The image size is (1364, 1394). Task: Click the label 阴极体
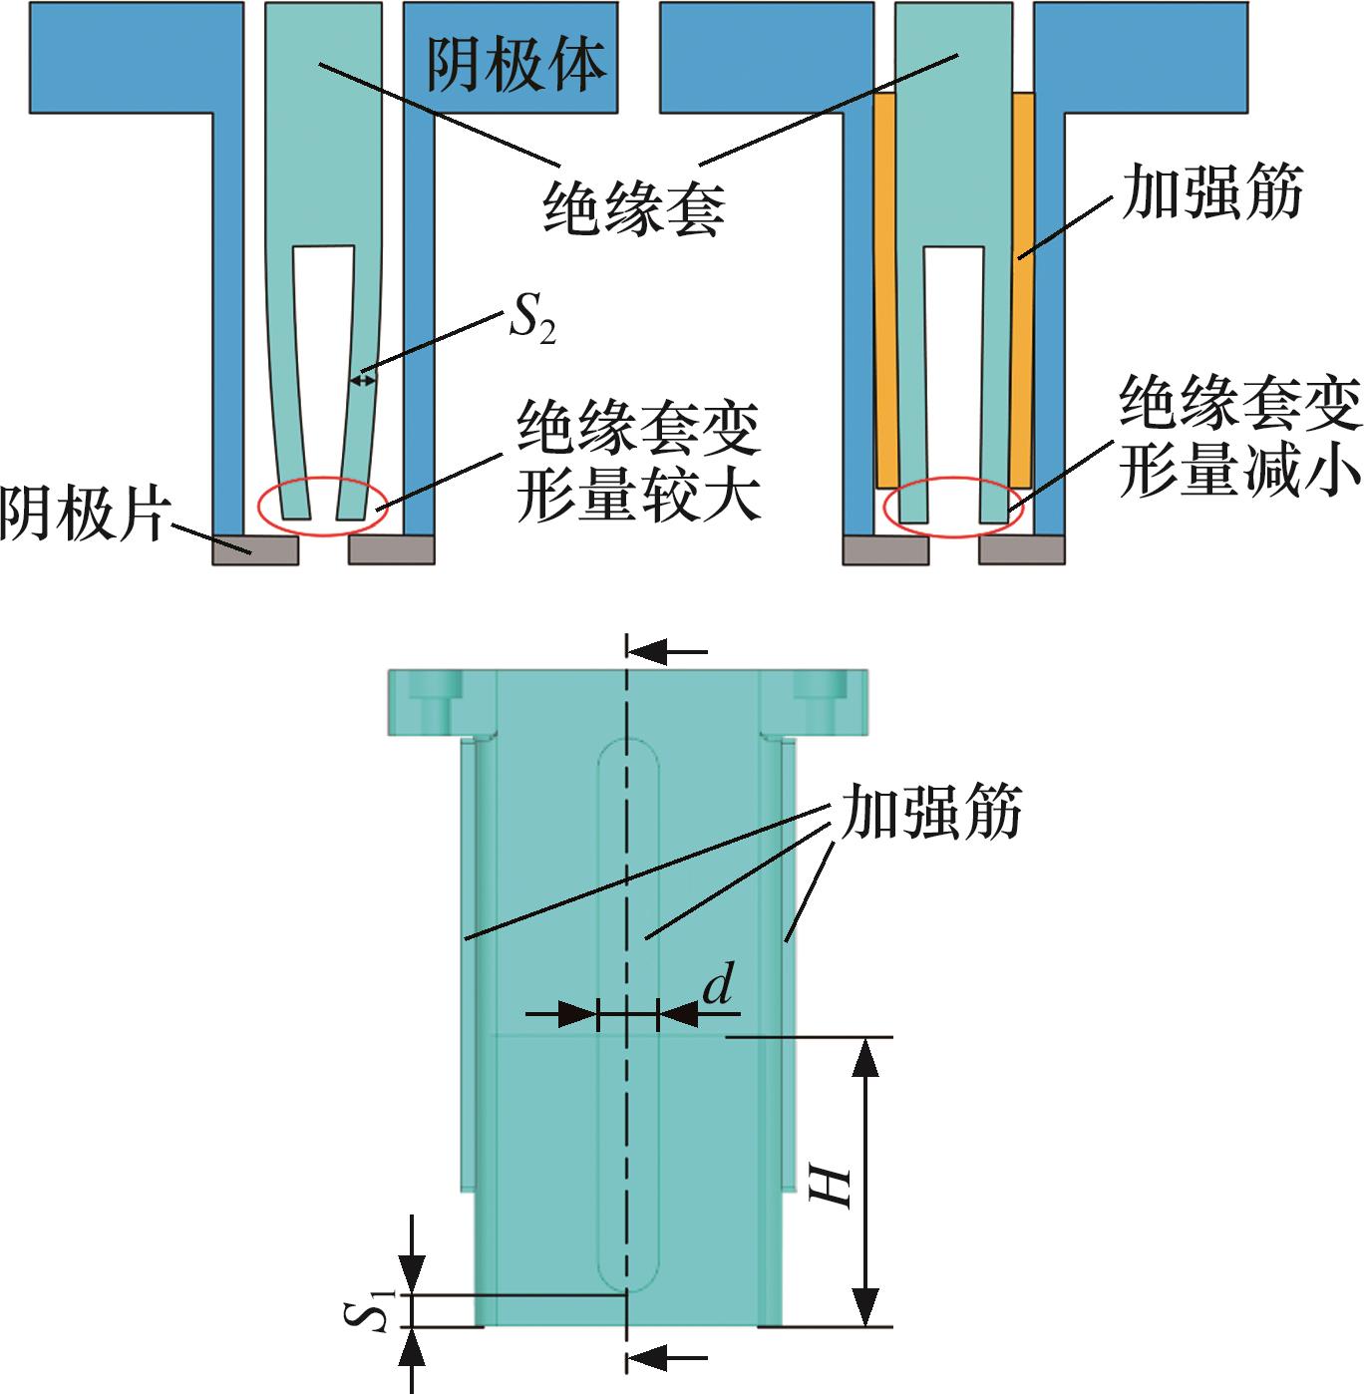coord(516,65)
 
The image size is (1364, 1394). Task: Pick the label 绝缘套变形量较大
coord(638,461)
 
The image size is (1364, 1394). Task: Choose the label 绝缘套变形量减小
coord(1238,437)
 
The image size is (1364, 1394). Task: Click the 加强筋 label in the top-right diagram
coord(1211,191)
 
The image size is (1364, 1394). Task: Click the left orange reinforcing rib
coord(886,289)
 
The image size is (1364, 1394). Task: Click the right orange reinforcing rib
coord(1022,289)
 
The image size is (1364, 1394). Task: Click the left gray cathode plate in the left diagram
coord(255,549)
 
